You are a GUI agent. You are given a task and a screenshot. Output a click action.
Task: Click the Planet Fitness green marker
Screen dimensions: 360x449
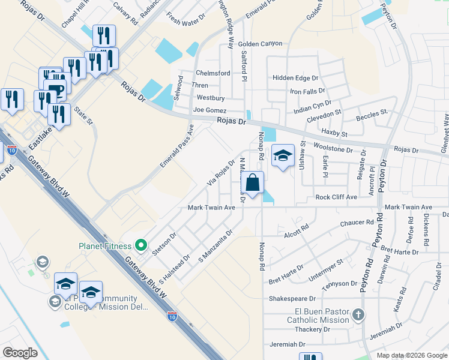click(141, 245)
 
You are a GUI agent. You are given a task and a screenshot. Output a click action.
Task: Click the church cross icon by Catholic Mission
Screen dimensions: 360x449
click(358, 315)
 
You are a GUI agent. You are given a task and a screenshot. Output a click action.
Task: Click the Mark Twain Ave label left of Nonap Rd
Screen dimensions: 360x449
click(211, 208)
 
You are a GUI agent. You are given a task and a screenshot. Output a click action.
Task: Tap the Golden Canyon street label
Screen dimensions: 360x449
click(259, 44)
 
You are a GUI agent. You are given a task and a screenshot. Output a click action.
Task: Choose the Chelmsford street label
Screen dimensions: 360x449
click(213, 73)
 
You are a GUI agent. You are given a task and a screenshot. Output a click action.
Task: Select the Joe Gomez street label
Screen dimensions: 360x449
click(209, 110)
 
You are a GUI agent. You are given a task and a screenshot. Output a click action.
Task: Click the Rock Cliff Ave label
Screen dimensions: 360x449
click(336, 197)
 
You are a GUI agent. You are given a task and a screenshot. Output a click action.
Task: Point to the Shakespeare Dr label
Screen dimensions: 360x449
click(292, 298)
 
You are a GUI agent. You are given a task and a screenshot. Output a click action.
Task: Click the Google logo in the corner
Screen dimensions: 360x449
click(20, 353)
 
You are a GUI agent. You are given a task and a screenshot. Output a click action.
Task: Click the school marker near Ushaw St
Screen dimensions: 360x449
click(283, 156)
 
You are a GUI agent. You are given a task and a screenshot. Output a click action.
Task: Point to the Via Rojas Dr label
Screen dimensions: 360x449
click(221, 173)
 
